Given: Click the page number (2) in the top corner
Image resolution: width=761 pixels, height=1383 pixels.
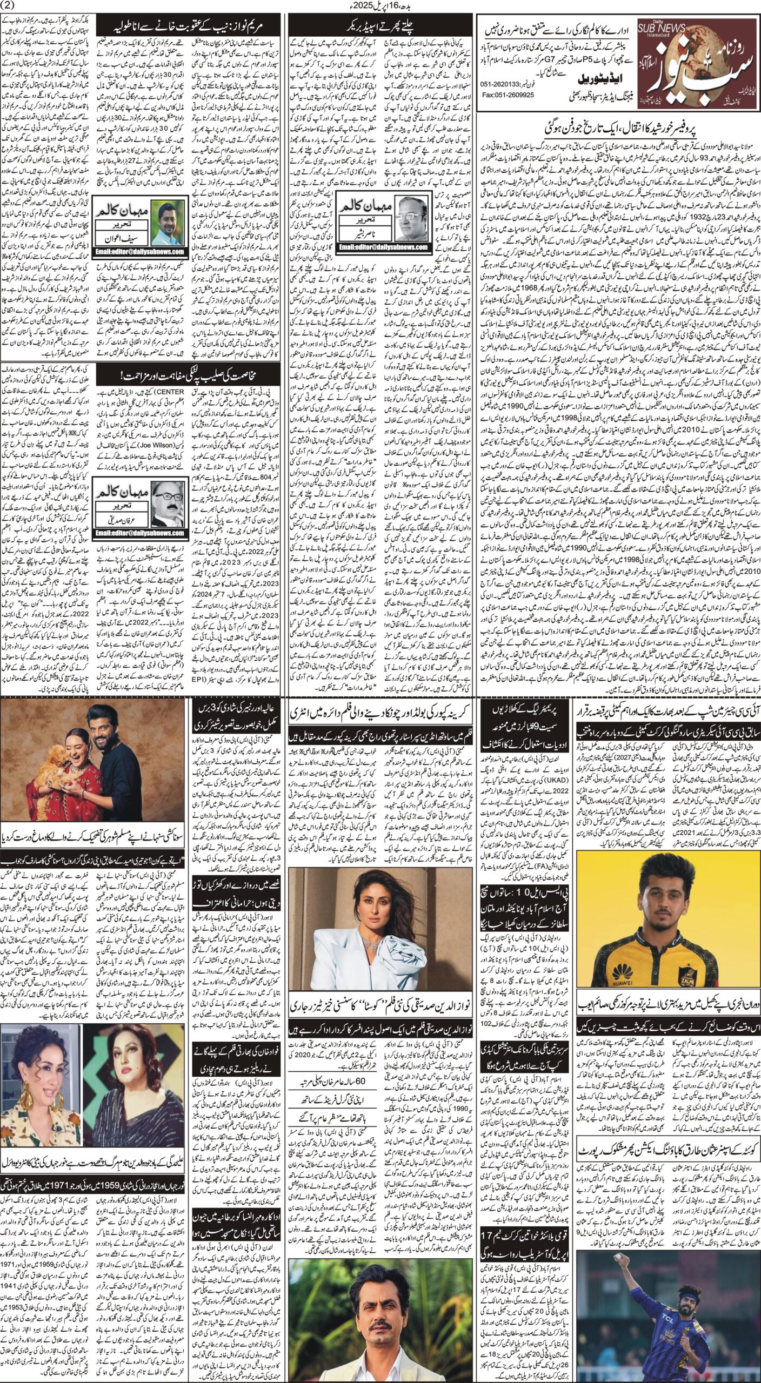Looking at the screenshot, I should pos(11,6).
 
